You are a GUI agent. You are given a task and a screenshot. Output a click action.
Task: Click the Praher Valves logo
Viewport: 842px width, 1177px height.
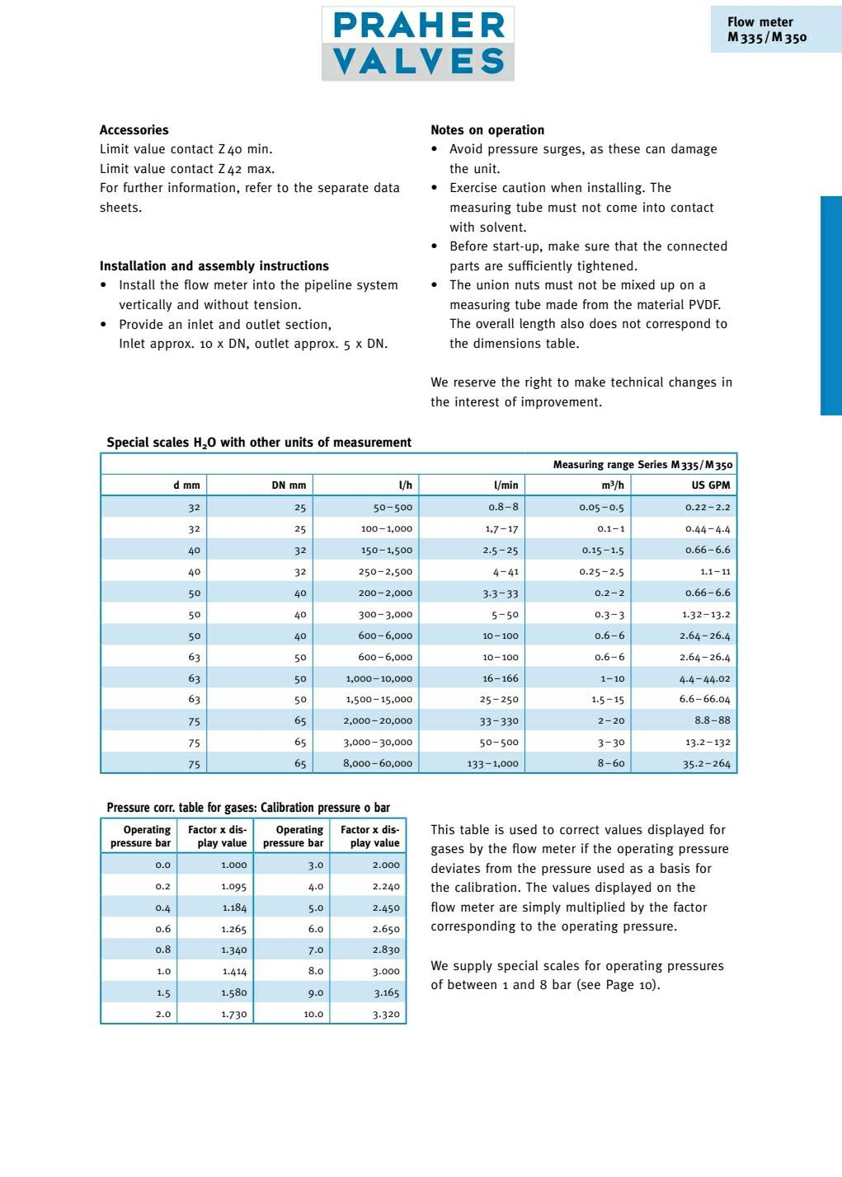tap(418, 44)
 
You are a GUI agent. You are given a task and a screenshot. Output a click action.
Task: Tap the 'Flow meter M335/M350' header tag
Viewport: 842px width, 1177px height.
tap(767, 30)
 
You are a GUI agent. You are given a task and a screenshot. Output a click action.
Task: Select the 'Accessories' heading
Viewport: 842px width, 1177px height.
tap(134, 130)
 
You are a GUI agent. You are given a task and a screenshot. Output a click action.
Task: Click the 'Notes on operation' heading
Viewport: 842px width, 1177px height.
tap(487, 130)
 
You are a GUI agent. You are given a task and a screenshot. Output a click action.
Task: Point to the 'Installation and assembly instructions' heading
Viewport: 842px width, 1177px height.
tap(214, 266)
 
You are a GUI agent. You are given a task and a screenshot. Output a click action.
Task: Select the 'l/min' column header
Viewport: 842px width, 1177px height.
tap(506, 485)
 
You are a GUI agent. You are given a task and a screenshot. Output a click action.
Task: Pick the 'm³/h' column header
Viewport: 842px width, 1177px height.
tap(613, 485)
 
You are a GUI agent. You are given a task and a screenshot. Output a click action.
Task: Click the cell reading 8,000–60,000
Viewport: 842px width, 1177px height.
tap(378, 764)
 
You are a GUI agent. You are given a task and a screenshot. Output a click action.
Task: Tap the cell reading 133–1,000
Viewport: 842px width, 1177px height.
tap(493, 764)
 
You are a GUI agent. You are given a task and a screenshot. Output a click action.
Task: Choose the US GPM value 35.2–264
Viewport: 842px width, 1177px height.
tap(707, 764)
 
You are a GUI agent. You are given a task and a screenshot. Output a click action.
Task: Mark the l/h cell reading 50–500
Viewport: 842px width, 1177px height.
tap(393, 508)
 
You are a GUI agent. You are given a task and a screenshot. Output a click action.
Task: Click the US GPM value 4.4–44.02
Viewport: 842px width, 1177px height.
tap(705, 679)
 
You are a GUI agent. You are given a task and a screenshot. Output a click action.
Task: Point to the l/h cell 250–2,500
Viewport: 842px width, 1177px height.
tap(385, 572)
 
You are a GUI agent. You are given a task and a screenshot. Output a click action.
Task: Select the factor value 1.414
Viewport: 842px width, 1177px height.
tap(234, 972)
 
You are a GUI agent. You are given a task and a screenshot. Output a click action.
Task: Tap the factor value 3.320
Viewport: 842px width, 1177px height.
tap(386, 1015)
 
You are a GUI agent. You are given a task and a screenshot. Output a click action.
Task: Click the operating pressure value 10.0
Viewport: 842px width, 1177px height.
tap(313, 1015)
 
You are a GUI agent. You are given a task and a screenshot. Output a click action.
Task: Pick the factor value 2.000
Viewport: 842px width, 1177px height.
tap(386, 865)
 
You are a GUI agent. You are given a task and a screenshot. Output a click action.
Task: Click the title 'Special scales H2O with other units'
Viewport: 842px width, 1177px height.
tap(259, 443)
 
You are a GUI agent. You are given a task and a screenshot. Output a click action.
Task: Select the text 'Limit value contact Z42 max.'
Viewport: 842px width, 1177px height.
tap(187, 169)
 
